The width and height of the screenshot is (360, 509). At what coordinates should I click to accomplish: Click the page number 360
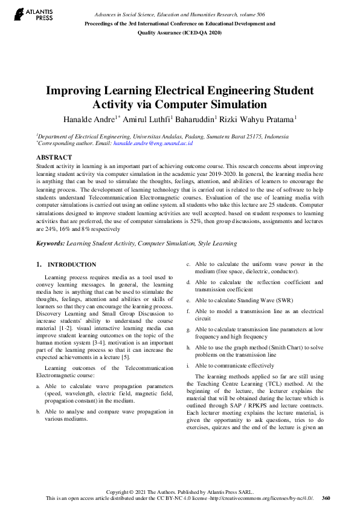point(326,498)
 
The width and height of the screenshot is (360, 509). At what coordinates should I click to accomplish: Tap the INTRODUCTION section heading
point(71,265)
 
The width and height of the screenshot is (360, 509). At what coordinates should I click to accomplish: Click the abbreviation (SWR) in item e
point(266,300)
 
